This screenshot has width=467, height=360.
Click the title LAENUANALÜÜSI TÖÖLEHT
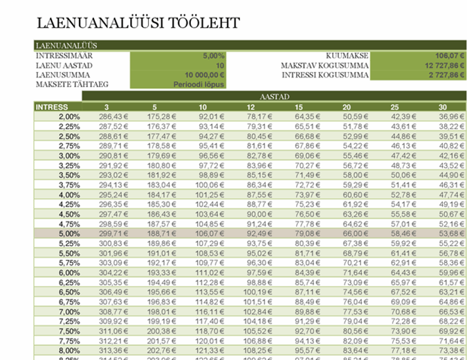[x=138, y=23]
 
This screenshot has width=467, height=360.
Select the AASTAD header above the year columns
[x=275, y=98]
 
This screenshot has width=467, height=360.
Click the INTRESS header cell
[x=51, y=107]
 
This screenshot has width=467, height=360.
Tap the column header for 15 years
[x=298, y=107]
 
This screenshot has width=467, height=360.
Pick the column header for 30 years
[x=442, y=107]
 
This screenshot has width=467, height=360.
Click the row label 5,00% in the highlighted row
[x=70, y=234]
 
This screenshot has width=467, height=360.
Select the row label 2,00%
[x=70, y=117]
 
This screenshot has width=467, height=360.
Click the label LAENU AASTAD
[x=62, y=65]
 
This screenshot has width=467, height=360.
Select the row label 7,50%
[x=70, y=332]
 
